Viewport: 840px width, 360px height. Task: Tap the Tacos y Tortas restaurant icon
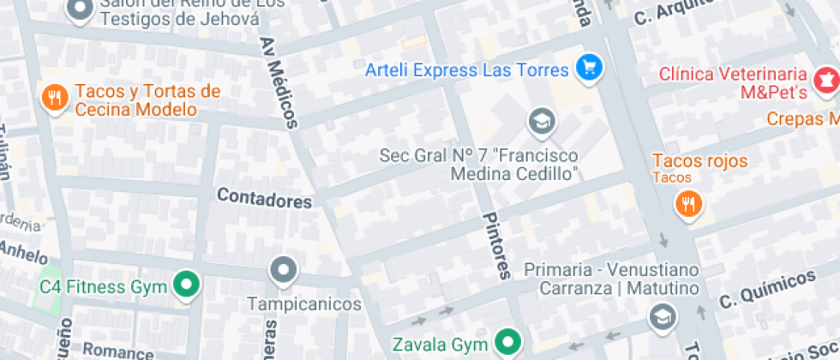click(x=54, y=98)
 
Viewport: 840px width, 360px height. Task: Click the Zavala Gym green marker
click(x=510, y=345)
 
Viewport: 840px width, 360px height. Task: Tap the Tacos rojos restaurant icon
click(x=688, y=204)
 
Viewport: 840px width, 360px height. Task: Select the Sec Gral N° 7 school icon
click(x=541, y=122)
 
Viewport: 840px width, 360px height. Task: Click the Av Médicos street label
click(x=279, y=82)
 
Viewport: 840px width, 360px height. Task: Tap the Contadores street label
click(x=264, y=199)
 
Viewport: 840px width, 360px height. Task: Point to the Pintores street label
click(x=496, y=245)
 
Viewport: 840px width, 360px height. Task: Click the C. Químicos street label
click(x=766, y=290)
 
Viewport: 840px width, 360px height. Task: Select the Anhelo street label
click(x=24, y=252)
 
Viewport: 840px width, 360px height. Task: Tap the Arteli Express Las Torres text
click(x=467, y=69)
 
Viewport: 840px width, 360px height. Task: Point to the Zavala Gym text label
click(x=440, y=345)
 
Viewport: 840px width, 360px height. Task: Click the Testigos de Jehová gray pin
click(x=80, y=9)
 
